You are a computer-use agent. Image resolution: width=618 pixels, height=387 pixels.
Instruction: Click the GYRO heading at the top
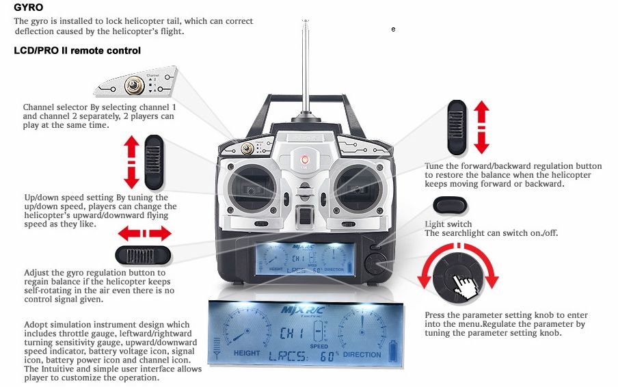[28, 8]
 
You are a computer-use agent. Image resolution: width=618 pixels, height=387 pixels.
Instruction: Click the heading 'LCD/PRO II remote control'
[77, 51]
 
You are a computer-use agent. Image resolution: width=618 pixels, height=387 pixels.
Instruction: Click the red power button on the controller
[305, 160]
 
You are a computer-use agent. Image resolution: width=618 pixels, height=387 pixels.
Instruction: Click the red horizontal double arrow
[144, 234]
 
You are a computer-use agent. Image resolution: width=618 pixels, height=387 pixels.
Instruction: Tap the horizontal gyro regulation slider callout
[144, 255]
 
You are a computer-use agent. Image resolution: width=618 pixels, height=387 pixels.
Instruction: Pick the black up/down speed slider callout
[154, 161]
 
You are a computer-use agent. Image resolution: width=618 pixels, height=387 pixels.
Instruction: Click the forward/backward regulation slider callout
[456, 126]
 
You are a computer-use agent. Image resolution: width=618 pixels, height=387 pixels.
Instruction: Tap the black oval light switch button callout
[450, 205]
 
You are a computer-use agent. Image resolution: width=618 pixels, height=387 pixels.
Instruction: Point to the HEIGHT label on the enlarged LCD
[247, 353]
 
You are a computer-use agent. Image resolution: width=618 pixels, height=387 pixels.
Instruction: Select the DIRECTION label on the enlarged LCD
[362, 354]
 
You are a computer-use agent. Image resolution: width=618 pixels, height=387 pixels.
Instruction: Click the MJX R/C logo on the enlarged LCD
[302, 310]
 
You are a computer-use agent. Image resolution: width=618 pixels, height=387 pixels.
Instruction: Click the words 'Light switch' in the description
[448, 224]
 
